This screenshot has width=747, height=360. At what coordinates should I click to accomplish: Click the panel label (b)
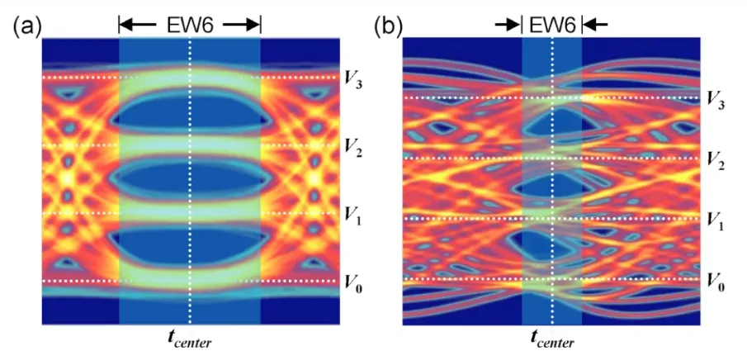pyautogui.click(x=388, y=26)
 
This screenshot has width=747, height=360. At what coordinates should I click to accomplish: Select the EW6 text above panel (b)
pyautogui.click(x=552, y=24)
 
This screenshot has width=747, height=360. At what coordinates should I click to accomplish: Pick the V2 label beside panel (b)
pyautogui.click(x=716, y=161)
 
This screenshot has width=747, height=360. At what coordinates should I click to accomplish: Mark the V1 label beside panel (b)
pyautogui.click(x=716, y=221)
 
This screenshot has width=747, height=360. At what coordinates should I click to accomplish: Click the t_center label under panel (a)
pyautogui.click(x=189, y=339)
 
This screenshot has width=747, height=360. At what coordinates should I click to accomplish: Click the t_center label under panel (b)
pyautogui.click(x=552, y=339)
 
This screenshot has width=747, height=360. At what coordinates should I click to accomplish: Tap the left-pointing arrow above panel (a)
pyautogui.click(x=137, y=25)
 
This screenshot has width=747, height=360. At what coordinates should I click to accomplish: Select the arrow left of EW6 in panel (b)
pyautogui.click(x=508, y=25)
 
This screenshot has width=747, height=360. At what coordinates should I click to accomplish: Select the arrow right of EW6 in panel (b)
pyautogui.click(x=595, y=25)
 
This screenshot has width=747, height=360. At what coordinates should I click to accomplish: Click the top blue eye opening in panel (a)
pyautogui.click(x=190, y=111)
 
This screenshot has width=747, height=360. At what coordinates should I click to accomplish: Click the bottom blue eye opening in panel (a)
pyautogui.click(x=190, y=246)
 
